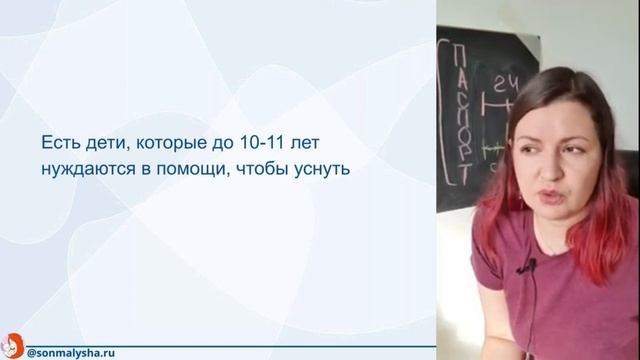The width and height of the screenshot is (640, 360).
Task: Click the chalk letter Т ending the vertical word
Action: (462, 176)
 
